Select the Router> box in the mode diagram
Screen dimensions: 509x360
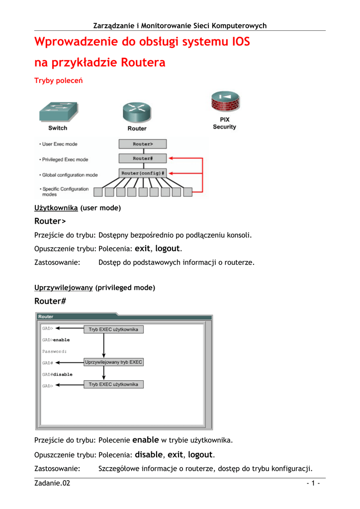[x=143, y=144]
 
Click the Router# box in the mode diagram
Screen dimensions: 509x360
[x=143, y=159]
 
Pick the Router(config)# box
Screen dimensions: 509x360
[x=143, y=173]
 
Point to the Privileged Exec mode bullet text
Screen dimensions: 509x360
[x=65, y=160]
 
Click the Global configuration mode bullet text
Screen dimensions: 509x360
[x=70, y=175]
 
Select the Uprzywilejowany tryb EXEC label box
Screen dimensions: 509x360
[x=114, y=362]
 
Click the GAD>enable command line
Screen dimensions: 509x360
[x=56, y=340]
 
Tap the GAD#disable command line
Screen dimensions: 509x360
[x=57, y=374]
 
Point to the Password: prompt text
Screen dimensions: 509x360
[x=54, y=351]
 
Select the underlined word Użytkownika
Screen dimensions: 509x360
[x=56, y=208]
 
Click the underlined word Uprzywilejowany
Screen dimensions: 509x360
[x=63, y=288]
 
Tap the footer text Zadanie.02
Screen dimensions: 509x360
[x=52, y=484]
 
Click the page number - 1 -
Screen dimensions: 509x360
[x=313, y=484]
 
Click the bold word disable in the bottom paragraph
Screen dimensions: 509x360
[x=149, y=454]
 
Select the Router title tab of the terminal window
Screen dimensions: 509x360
[x=46, y=317]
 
